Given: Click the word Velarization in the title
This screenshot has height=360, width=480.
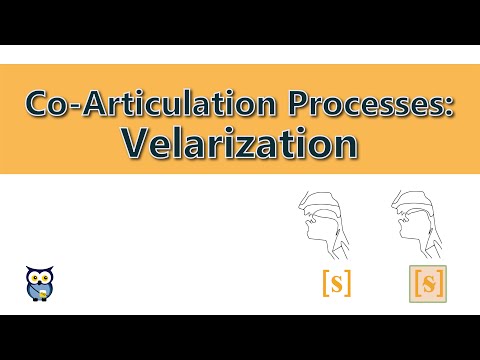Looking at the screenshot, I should pyautogui.click(x=241, y=142).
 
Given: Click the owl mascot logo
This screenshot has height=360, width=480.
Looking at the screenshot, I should pyautogui.click(x=40, y=283).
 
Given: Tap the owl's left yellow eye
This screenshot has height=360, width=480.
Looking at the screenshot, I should pyautogui.click(x=34, y=274).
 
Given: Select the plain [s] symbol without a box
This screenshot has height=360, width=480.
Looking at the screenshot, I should pyautogui.click(x=336, y=284).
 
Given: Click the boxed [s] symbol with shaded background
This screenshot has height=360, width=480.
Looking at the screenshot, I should pyautogui.click(x=428, y=284).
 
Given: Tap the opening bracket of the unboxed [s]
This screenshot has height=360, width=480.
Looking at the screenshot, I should pyautogui.click(x=325, y=284).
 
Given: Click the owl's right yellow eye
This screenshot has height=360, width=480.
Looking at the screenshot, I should pyautogui.click(x=46, y=274).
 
